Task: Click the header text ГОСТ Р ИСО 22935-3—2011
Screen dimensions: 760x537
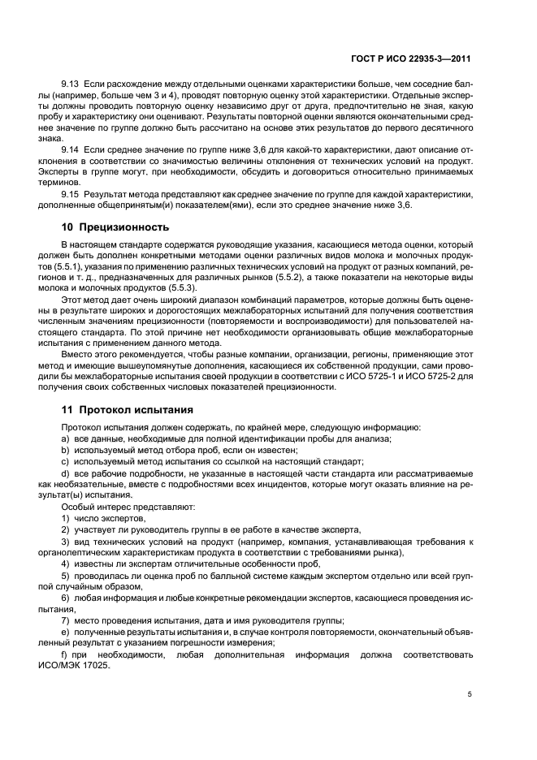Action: pyautogui.click(x=413, y=58)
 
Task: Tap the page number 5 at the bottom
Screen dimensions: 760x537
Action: pyautogui.click(x=470, y=694)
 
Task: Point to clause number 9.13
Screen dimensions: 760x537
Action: pyautogui.click(x=71, y=84)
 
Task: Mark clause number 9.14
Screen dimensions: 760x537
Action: pyautogui.click(x=71, y=151)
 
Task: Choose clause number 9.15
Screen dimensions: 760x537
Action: pyautogui.click(x=71, y=196)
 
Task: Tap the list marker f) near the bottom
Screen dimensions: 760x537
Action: pyautogui.click(x=65, y=654)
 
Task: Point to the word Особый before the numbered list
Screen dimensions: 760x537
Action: pyautogui.click(x=76, y=506)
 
